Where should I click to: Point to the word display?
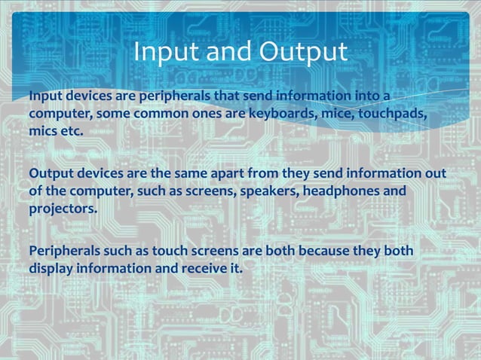pyautogui.click(x=53, y=267)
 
